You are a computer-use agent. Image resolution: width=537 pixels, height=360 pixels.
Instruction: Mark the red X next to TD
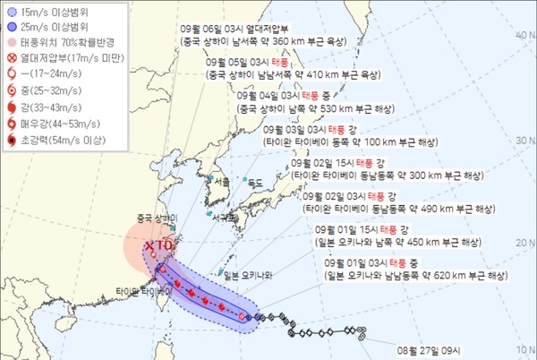(149, 243)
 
